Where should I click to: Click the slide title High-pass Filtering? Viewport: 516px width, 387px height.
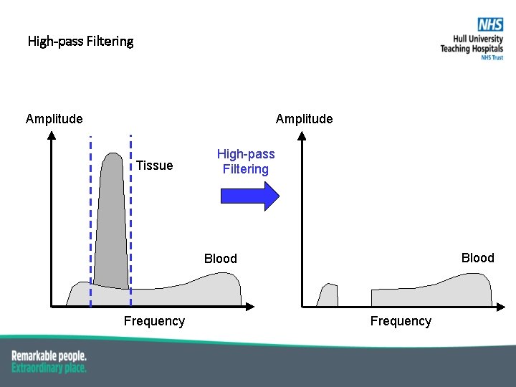point(80,41)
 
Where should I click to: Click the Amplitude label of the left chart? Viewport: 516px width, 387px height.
point(54,119)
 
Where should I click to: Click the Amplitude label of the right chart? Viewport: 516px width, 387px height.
point(304,119)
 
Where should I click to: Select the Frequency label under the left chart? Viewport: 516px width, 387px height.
point(154,321)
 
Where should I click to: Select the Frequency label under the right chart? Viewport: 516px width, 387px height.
point(401,321)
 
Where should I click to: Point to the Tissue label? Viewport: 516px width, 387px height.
point(154,166)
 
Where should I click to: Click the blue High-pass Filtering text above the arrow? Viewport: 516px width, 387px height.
point(246,162)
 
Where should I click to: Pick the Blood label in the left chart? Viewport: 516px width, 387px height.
point(220,259)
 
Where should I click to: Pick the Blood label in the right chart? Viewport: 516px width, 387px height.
point(477,258)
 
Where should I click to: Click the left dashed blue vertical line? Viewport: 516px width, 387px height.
point(90,215)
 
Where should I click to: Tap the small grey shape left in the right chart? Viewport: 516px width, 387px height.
point(328,296)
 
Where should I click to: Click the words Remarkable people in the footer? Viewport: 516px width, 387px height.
point(49,356)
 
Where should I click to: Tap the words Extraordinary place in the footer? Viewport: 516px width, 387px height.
point(49,368)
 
